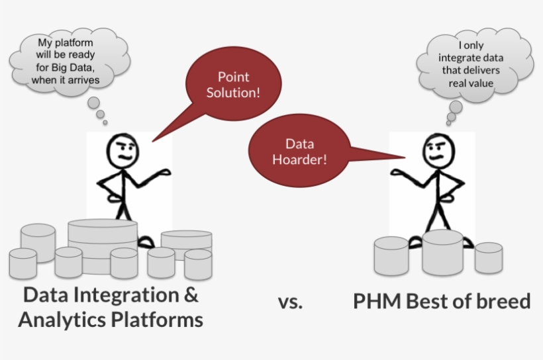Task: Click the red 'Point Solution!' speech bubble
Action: click(233, 84)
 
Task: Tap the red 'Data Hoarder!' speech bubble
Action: click(299, 152)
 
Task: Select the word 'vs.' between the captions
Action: click(291, 302)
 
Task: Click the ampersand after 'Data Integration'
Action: click(190, 295)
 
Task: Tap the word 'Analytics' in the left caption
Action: click(62, 320)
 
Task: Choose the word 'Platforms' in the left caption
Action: click(157, 319)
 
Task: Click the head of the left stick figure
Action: click(123, 152)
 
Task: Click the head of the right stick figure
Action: click(439, 152)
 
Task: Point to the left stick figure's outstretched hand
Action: click(164, 172)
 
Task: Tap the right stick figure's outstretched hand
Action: click(398, 172)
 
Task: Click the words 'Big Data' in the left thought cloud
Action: click(72, 67)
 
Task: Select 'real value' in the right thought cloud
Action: click(471, 83)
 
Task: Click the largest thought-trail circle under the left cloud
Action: click(93, 103)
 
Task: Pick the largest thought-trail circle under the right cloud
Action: click(456, 107)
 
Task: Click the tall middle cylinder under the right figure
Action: click(442, 252)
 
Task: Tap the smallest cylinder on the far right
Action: click(489, 258)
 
